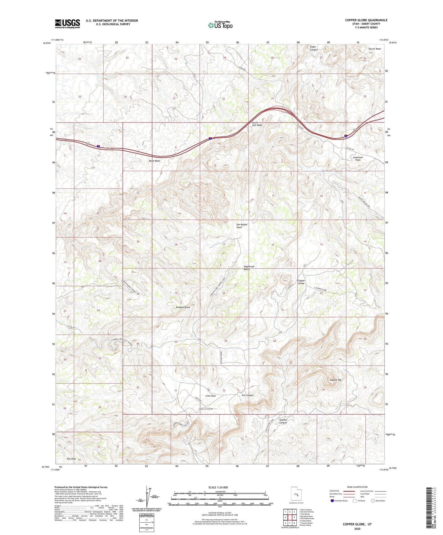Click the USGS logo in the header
67,24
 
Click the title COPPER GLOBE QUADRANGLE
366,20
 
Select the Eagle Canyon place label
313,48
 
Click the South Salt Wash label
257,124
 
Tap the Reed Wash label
154,161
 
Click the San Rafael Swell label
242,226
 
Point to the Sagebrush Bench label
249,268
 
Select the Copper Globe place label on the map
301,282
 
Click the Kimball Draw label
183,307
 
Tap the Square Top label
335,380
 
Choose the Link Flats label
210,396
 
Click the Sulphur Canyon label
283,421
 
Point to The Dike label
71,459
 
